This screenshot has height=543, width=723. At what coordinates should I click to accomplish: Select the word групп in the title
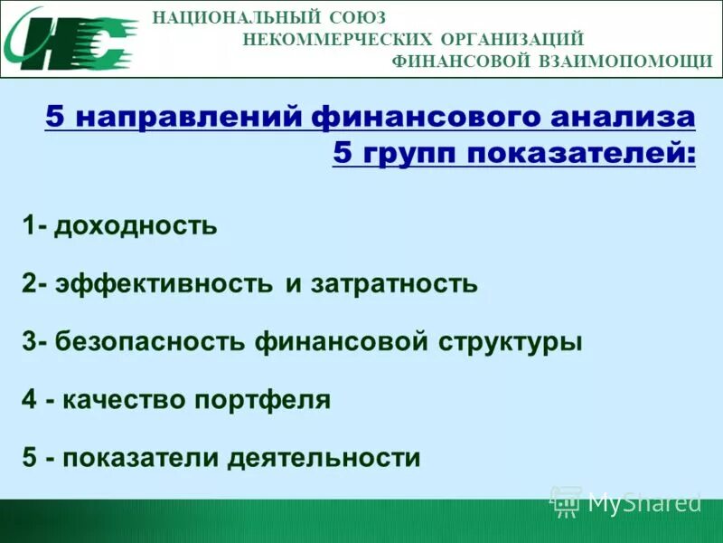tap(406, 154)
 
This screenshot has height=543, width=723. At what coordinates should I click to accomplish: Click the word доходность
tap(136, 224)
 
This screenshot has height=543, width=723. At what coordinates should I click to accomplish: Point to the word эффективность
tap(164, 284)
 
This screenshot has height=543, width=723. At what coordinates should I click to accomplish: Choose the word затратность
tap(394, 284)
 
